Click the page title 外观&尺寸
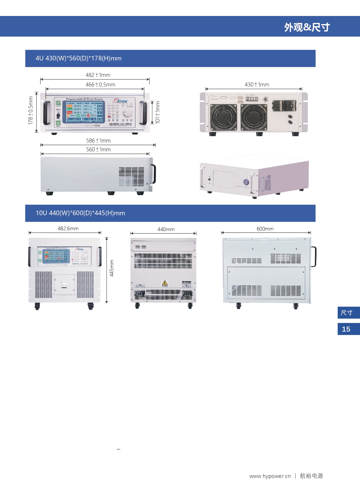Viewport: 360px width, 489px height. pos(307,27)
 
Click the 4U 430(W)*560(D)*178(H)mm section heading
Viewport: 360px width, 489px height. pos(79,58)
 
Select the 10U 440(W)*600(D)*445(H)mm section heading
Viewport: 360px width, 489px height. pos(80,213)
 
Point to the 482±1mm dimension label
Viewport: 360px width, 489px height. pos(98,75)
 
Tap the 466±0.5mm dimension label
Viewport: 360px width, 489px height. pos(100,85)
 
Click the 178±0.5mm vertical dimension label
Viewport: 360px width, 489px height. pos(30,111)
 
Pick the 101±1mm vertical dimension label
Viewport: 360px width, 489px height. pos(158,112)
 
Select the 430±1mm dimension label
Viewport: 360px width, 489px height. pos(257,85)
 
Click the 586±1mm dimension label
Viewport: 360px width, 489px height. pos(98,141)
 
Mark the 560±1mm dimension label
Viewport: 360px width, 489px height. pos(98,150)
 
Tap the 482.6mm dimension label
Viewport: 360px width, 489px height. pos(68,229)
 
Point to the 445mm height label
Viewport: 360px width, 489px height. pos(112,268)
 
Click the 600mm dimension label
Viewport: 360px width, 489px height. pos(265,229)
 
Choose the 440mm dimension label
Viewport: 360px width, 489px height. pos(166,229)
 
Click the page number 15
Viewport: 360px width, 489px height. pos(346,329)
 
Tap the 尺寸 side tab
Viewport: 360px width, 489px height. pos(346,313)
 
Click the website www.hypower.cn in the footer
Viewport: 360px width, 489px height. pos(270,476)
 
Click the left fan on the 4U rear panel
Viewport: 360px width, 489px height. pos(223,117)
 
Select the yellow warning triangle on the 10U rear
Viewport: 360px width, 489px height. pos(165,283)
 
